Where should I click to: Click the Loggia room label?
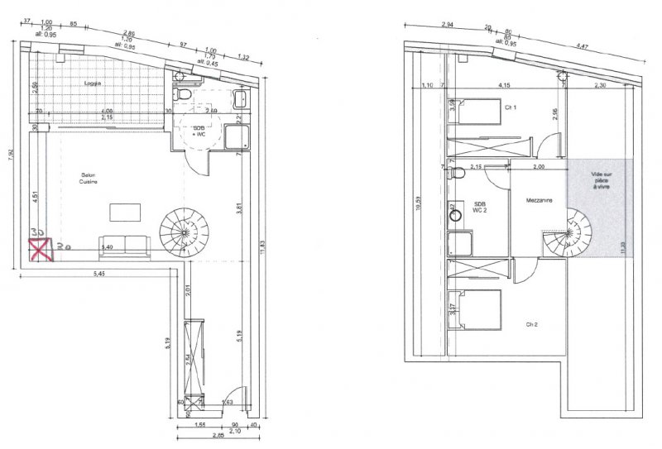(93, 84)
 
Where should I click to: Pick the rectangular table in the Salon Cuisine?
(124, 212)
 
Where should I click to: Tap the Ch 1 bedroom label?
(511, 107)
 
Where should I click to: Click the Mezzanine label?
(538, 199)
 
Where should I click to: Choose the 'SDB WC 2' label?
(480, 206)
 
